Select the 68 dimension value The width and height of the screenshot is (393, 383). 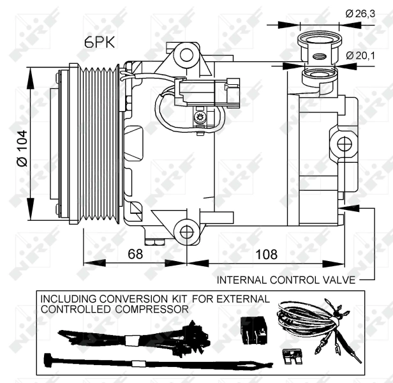tap(135, 254)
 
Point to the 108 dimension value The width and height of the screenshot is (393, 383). tap(266, 254)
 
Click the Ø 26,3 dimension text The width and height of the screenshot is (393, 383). tap(359, 13)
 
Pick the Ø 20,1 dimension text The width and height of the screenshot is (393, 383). tap(360, 56)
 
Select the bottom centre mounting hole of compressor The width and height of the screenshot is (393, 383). tap(186, 231)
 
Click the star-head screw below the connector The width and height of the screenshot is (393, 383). tap(200, 117)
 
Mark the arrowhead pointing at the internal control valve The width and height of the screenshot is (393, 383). tap(345, 207)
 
